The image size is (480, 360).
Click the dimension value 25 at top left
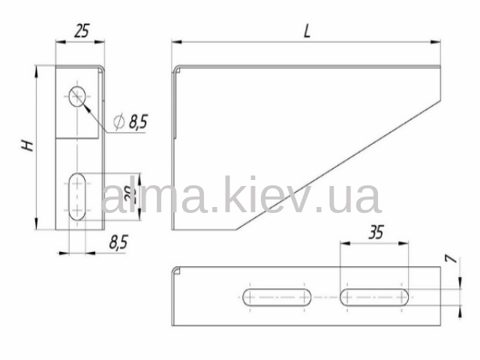click(82, 31)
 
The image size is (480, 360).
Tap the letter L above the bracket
click(307, 31)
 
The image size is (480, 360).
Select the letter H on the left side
click(28, 145)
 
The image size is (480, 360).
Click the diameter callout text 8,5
click(138, 121)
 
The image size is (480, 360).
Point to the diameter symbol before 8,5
click(118, 121)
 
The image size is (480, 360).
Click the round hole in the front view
click(77, 97)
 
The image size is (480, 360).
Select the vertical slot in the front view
click(77, 196)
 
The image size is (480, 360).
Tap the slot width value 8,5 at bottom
click(118, 242)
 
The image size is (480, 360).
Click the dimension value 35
click(376, 232)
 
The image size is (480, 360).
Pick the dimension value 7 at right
click(452, 259)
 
